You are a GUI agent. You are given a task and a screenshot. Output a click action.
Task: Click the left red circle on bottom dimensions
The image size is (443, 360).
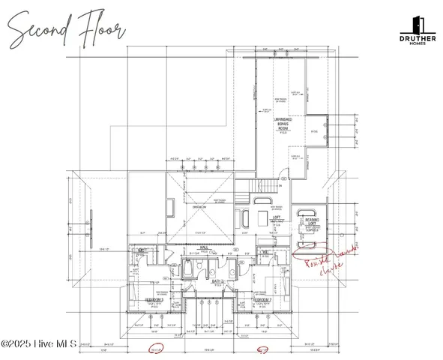[x=157, y=349]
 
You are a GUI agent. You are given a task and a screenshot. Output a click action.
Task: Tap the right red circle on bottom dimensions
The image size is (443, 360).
[x=263, y=349]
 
